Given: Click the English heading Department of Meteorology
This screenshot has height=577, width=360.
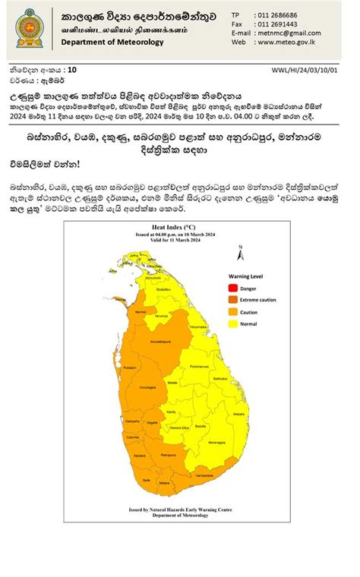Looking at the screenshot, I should (x=113, y=43).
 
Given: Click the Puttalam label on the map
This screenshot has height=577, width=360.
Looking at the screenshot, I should (x=128, y=366).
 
